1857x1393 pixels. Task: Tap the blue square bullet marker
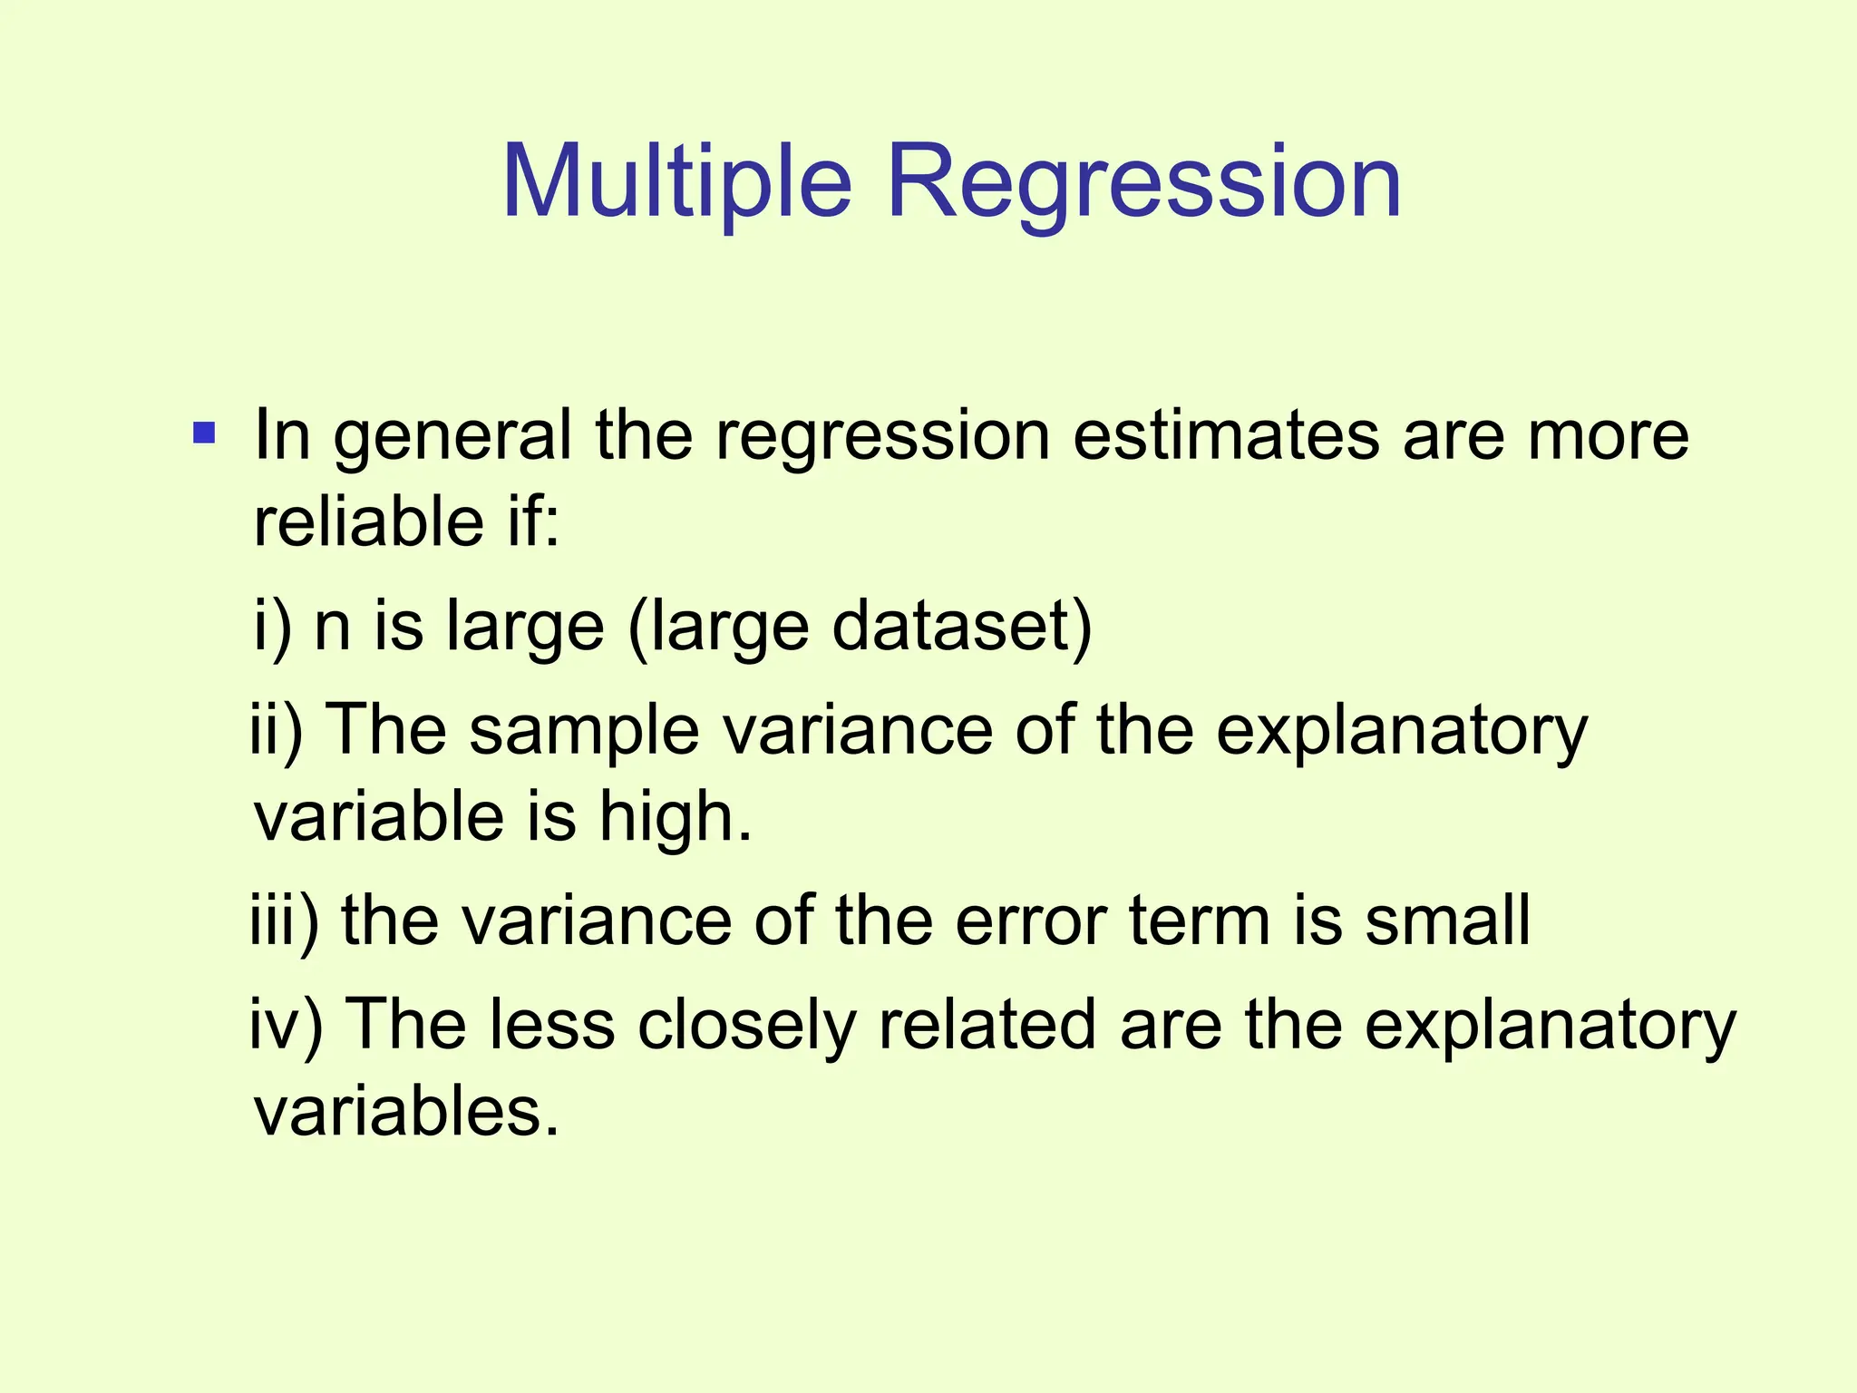(204, 433)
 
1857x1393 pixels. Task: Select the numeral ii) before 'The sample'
(277, 730)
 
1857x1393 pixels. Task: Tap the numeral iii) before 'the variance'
(284, 921)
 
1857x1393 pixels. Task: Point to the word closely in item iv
(746, 1025)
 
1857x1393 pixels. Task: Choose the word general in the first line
(453, 436)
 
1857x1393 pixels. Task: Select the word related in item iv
(987, 1025)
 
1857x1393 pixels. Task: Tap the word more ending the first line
(1608, 436)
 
